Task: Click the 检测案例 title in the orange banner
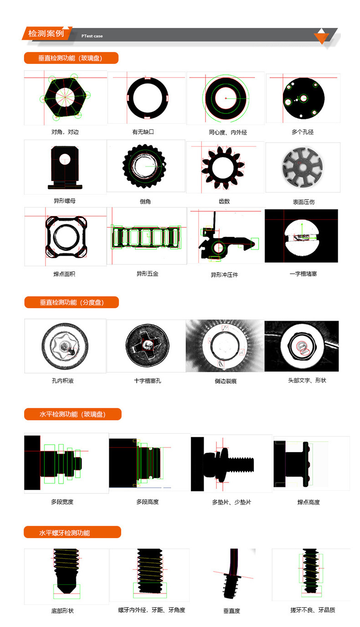46,34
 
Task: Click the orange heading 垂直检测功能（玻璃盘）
71,58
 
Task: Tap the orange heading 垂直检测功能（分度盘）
72,302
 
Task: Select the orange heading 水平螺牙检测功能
72,532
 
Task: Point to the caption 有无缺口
143,132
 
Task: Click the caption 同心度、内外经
228,133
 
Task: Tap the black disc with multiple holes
304,98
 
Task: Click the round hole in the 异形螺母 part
65,159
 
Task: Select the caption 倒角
145,201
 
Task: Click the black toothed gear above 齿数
223,168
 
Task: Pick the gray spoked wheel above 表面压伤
303,167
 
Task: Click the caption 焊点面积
64,274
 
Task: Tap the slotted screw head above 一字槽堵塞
302,238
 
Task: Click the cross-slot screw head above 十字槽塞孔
147,346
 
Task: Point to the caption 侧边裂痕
226,381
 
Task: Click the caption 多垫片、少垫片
231,502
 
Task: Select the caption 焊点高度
309,502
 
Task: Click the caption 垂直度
232,611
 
